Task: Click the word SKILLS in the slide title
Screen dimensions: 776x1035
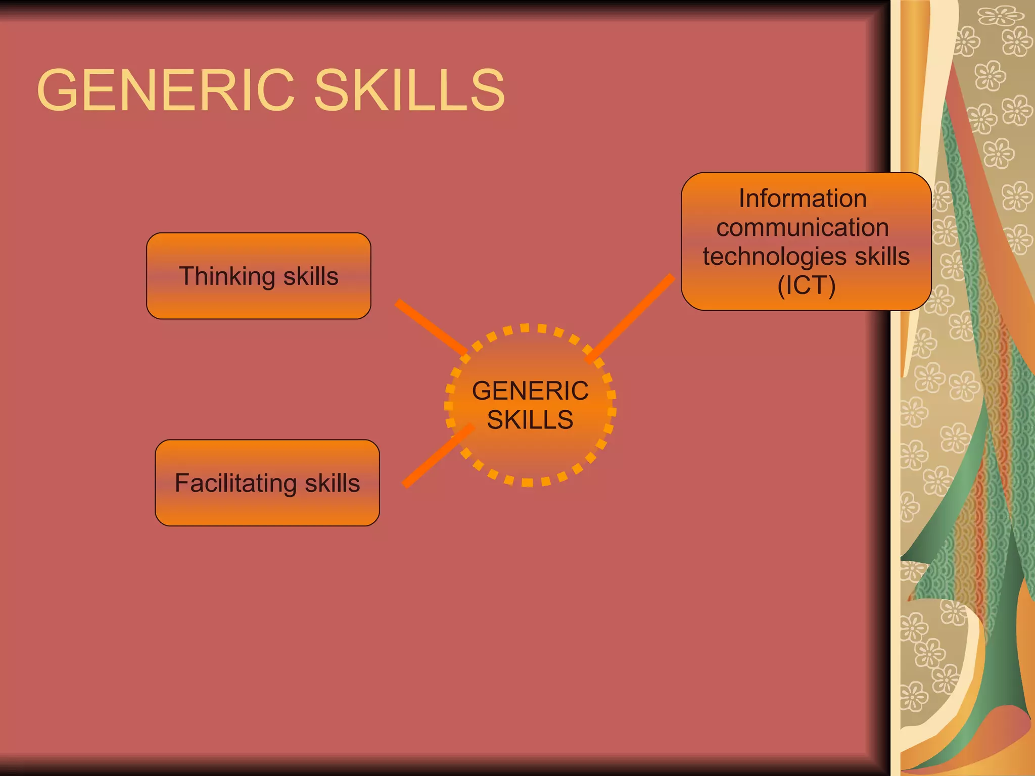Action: point(409,91)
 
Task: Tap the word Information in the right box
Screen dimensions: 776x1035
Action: point(803,198)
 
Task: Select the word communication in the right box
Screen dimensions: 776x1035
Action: point(803,227)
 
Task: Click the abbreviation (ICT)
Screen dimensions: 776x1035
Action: point(807,285)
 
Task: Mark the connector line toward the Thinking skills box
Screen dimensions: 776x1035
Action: point(431,326)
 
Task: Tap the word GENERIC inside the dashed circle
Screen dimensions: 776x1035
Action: point(530,391)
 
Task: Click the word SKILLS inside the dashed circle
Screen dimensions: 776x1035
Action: point(530,420)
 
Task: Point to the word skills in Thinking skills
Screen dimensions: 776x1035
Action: point(311,277)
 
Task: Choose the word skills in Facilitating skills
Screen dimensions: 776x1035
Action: point(332,483)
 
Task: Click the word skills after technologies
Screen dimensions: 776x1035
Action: point(882,257)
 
